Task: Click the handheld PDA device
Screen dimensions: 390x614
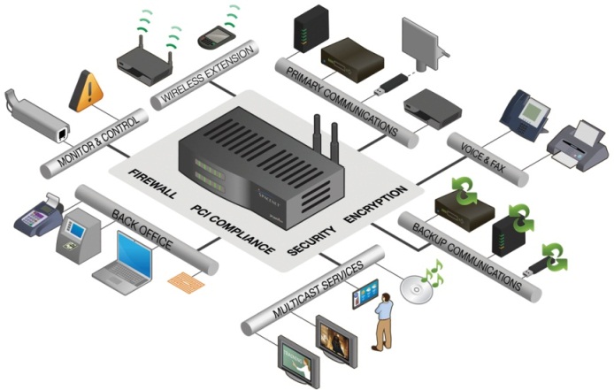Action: (x=211, y=36)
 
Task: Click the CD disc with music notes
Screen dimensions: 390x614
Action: (x=417, y=285)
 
